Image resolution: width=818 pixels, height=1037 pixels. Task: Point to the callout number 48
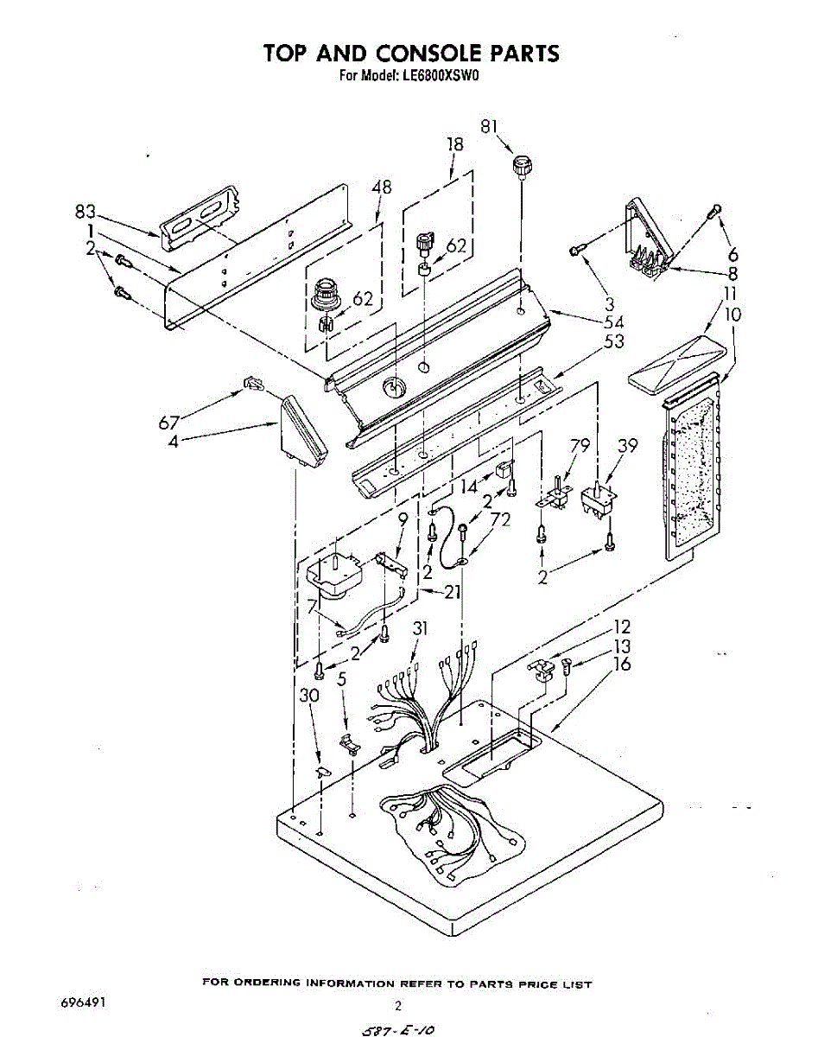click(381, 186)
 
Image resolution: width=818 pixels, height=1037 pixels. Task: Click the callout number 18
click(454, 144)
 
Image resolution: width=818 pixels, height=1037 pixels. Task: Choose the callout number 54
click(614, 321)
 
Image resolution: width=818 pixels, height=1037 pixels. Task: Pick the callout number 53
click(614, 341)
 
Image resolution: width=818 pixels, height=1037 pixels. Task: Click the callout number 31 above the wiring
click(420, 629)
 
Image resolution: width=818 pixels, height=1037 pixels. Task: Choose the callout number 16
click(621, 664)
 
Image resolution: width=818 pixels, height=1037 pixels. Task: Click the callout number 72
click(500, 519)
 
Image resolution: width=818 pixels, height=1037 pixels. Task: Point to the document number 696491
click(83, 1003)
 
